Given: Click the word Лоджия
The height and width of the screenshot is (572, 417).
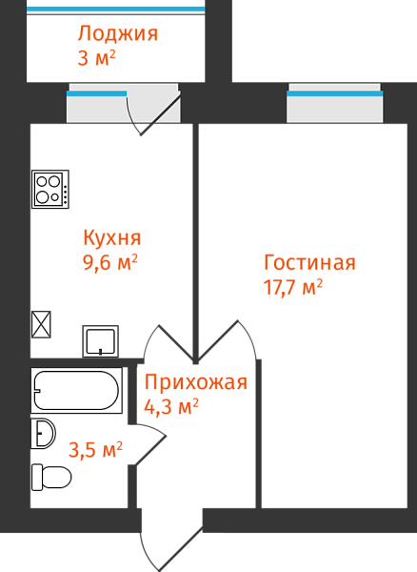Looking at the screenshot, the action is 118,34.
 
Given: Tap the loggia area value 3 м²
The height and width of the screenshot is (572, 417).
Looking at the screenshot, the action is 96,57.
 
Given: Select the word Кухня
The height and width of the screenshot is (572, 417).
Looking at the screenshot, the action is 111,238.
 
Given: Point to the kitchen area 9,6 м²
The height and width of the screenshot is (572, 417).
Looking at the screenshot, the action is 110,262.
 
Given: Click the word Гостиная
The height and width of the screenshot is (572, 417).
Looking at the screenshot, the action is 309,262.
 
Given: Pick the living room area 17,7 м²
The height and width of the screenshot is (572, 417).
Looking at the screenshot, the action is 293,287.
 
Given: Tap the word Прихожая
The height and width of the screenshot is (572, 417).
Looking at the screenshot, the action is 196,382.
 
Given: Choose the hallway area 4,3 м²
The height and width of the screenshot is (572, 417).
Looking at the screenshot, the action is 171,406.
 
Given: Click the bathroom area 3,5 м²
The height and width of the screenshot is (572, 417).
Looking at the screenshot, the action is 95,449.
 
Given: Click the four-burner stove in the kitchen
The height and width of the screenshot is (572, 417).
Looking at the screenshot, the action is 50,190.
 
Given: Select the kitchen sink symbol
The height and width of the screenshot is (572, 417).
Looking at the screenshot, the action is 101,341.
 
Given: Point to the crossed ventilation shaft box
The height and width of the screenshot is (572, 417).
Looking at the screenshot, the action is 41,324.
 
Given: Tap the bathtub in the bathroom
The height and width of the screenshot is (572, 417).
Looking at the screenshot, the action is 76,390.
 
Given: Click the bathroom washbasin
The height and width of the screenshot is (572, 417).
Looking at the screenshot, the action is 44,434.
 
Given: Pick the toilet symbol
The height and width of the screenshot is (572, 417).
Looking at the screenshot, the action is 51,478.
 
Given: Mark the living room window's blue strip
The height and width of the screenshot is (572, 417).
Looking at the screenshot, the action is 335,93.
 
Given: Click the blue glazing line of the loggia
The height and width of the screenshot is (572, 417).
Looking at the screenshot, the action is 116,10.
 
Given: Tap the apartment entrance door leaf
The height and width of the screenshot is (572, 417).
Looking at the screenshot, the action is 181,549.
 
